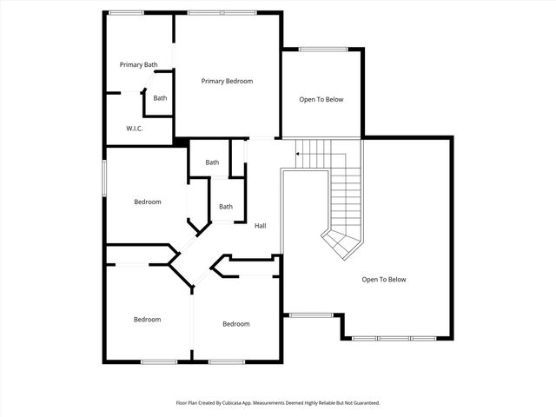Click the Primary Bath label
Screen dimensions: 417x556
pos(138,64)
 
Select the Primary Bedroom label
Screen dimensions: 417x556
pos(227,81)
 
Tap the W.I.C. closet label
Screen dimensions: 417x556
pos(134,129)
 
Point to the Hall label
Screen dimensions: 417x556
pos(260,226)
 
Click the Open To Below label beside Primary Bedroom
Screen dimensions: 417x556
pos(321,99)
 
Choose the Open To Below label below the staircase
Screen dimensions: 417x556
pos(384,279)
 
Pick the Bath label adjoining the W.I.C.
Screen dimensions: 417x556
pos(160,98)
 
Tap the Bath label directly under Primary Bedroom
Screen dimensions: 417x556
pos(212,162)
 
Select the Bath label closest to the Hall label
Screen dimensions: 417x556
pos(226,206)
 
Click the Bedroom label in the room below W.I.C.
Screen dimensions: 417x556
pos(147,202)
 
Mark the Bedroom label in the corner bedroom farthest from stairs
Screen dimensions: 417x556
pos(147,319)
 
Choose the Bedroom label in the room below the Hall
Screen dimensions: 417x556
pos(235,324)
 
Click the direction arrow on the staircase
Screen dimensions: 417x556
pos(300,155)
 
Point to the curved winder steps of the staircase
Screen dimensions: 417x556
pos(341,242)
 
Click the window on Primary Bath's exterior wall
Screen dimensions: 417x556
pos(126,12)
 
